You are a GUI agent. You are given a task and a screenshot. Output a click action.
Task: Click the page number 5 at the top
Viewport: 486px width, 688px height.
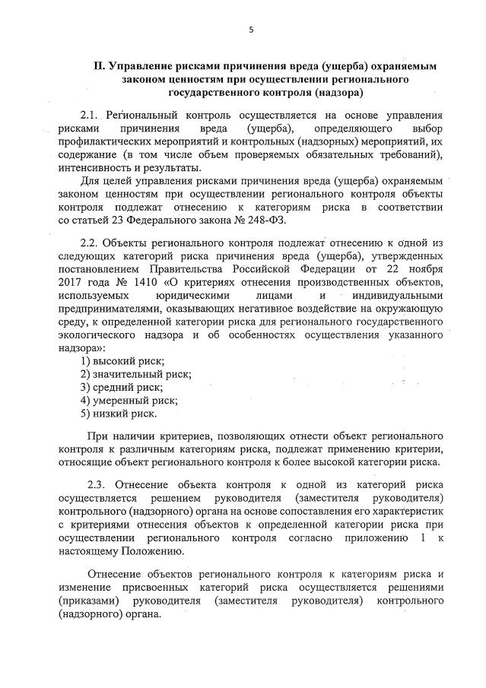click(x=250, y=30)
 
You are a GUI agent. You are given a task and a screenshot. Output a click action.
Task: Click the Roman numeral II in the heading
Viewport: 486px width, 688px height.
click(x=97, y=67)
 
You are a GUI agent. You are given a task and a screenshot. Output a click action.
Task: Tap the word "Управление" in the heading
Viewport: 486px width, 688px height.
click(x=140, y=67)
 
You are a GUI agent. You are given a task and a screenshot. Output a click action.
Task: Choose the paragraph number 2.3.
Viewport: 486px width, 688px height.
click(x=99, y=484)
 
